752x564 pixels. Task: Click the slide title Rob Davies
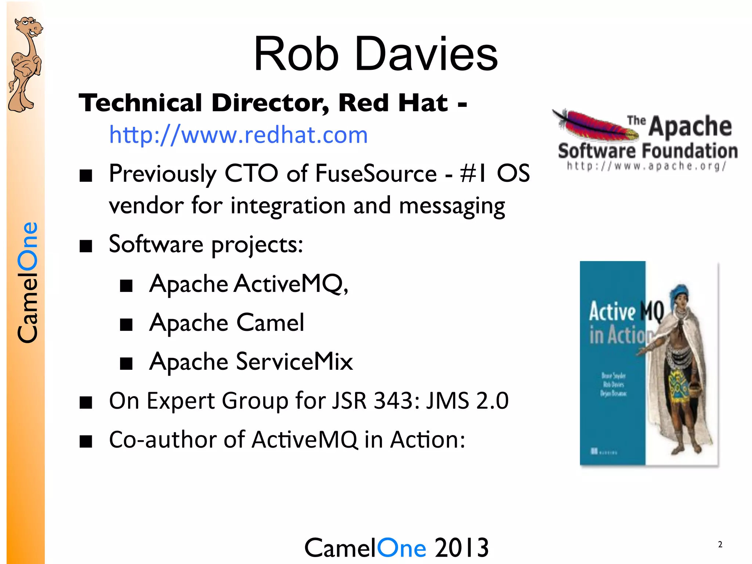click(x=375, y=54)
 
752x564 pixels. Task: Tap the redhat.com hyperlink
click(x=238, y=135)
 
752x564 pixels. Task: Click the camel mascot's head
click(x=29, y=27)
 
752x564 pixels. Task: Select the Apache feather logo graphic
click(x=595, y=125)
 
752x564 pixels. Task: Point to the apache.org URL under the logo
click(x=646, y=166)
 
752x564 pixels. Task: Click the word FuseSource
click(x=376, y=173)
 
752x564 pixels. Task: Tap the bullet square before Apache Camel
click(x=126, y=324)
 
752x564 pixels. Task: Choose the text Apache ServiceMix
click(x=251, y=362)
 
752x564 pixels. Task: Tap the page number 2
click(x=720, y=544)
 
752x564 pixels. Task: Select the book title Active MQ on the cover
click(x=626, y=311)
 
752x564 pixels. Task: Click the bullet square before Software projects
click(x=86, y=246)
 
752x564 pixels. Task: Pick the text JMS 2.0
click(x=467, y=401)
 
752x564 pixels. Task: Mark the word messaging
click(x=452, y=206)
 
